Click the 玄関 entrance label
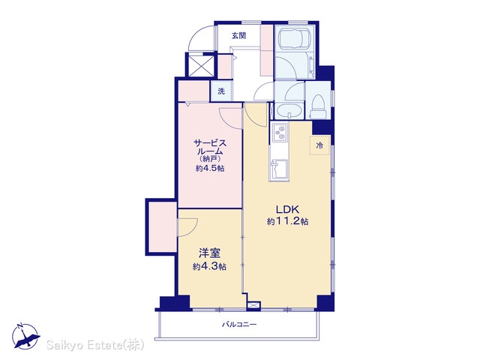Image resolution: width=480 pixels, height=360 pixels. click(x=238, y=36)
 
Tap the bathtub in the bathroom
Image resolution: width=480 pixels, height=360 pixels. click(x=295, y=38)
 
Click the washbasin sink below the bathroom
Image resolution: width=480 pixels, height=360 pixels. click(x=289, y=111)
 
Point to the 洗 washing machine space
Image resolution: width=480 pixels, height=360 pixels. click(x=221, y=91)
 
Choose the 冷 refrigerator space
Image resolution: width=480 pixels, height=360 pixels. click(x=319, y=145)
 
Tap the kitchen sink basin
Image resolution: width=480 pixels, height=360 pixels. click(x=278, y=168)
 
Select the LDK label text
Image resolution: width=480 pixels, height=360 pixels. click(x=287, y=209)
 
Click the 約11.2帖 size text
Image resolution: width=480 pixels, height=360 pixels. click(x=287, y=221)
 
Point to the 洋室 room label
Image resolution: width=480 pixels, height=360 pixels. click(x=210, y=253)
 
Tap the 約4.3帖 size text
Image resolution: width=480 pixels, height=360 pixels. click(x=210, y=267)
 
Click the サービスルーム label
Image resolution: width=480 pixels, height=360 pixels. click(x=210, y=147)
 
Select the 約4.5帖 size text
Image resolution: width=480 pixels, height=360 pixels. click(x=210, y=168)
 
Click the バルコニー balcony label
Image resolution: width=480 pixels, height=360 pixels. click(x=239, y=324)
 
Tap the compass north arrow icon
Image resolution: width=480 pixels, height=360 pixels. click(x=25, y=336)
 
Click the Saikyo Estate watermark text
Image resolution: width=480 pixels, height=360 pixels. click(x=95, y=345)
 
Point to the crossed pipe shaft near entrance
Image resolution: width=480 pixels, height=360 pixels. click(x=200, y=66)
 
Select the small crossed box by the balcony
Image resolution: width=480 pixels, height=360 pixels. click(x=253, y=305)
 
